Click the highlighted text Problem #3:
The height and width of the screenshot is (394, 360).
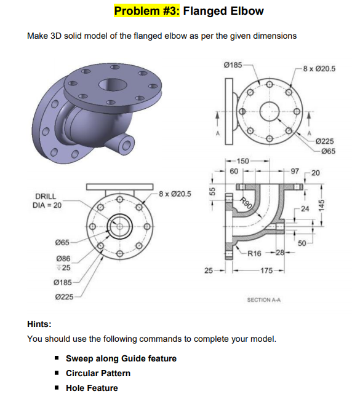point(147,10)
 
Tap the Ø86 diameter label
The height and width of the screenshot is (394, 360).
point(63,259)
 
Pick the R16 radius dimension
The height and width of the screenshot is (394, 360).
point(254,253)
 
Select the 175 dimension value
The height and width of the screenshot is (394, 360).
point(267,270)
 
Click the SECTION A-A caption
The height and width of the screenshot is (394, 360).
point(262,299)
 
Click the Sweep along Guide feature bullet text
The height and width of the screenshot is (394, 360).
point(121,358)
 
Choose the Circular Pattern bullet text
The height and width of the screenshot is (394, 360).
point(98,373)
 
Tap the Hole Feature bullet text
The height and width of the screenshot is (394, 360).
point(92,387)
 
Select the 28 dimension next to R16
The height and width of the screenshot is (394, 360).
point(279,253)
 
